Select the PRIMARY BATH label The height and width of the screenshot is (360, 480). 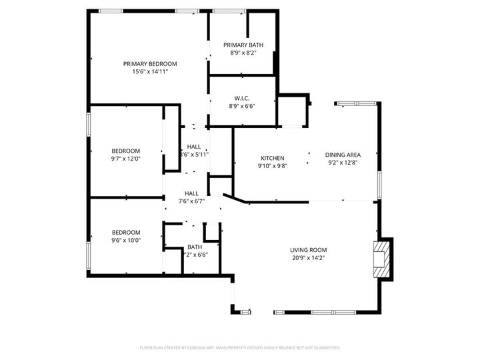click(x=243, y=45)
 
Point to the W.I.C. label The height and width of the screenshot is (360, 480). click(x=242, y=98)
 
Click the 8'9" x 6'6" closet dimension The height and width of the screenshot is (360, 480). click(x=242, y=105)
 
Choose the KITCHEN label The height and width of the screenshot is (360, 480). click(x=272, y=158)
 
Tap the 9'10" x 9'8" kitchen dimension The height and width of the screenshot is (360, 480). click(x=272, y=166)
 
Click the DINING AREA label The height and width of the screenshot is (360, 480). click(x=343, y=155)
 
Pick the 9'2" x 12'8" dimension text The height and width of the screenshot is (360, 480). click(x=343, y=162)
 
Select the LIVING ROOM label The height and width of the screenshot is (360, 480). click(x=309, y=250)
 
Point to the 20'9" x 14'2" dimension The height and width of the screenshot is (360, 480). click(x=309, y=258)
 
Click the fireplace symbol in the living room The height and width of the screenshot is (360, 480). click(x=381, y=259)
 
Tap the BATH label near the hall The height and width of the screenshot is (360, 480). click(x=195, y=247)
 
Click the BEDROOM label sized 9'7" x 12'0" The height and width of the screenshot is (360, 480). click(x=125, y=151)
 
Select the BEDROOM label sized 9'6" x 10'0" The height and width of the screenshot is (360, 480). click(x=125, y=233)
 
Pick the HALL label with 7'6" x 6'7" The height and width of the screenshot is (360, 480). click(x=191, y=193)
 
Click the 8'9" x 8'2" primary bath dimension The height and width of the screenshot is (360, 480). click(x=243, y=53)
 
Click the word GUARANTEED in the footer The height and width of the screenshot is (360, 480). click(x=325, y=347)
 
